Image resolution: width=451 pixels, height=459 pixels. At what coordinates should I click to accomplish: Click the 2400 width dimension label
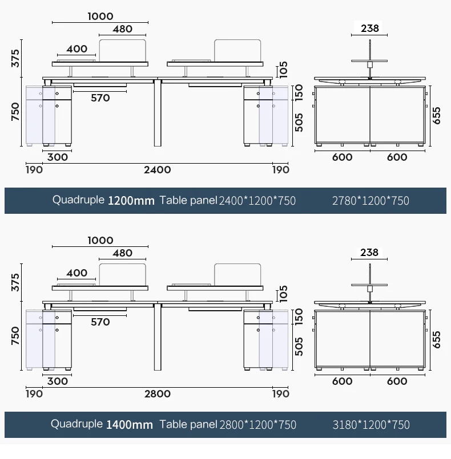click(x=158, y=170)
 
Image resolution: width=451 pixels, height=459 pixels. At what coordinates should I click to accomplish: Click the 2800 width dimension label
click(x=158, y=394)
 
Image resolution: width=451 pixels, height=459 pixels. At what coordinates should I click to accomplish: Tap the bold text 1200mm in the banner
click(x=131, y=201)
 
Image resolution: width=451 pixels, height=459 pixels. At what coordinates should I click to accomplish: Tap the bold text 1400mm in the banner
click(x=129, y=425)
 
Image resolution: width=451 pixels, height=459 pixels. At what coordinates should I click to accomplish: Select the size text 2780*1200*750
click(x=371, y=201)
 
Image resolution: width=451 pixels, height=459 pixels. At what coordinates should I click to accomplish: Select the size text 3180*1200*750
click(x=371, y=425)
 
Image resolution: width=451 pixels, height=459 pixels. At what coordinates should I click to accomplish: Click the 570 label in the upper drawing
click(x=100, y=98)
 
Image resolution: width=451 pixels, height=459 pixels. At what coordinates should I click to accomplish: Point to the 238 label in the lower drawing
click(x=369, y=253)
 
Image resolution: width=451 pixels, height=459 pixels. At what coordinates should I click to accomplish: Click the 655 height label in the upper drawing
click(x=436, y=116)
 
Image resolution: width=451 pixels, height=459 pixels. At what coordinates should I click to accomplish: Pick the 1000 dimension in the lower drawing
click(x=100, y=240)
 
